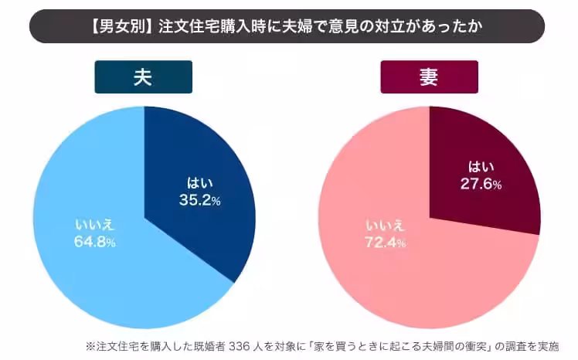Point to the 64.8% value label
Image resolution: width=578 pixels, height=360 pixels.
[95, 243]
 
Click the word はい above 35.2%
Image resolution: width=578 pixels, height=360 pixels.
[199, 184]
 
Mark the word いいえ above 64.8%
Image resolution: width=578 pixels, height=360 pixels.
[94, 226]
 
